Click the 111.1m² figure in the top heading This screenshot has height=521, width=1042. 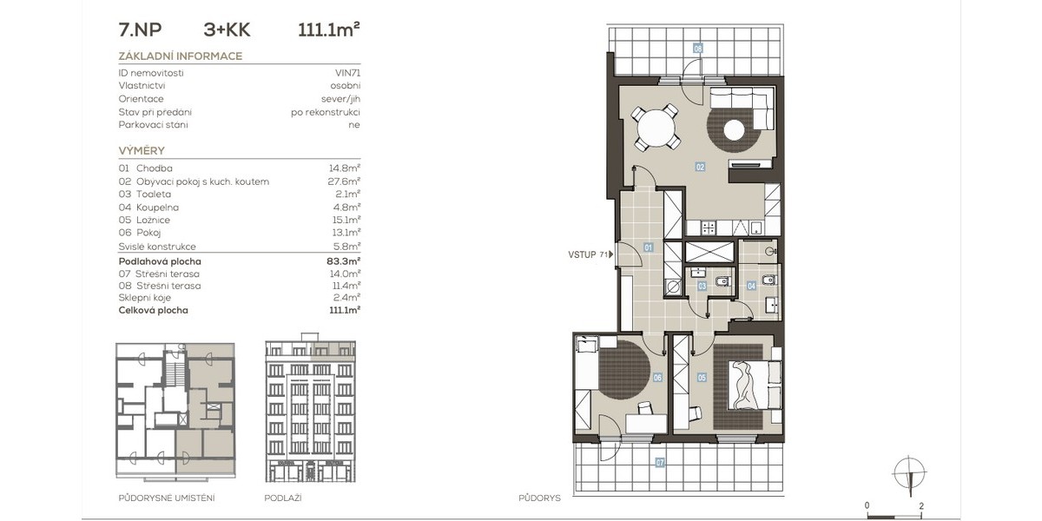[328, 30]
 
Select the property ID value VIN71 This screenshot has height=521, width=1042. [347, 73]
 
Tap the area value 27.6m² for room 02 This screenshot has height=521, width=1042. [344, 181]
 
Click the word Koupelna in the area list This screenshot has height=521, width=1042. [157, 207]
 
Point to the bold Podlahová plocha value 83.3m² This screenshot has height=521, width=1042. [343, 261]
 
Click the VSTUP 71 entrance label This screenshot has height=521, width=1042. [590, 254]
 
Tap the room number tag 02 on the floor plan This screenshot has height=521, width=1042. [700, 167]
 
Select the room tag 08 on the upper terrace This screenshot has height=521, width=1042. [698, 49]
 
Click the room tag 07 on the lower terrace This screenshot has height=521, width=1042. [660, 462]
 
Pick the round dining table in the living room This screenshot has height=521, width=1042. [656, 128]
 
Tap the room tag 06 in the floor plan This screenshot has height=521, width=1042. [657, 378]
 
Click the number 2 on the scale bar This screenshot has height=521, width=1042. [921, 505]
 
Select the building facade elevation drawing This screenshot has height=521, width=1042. [310, 407]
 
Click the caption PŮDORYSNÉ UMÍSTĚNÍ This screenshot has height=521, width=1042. [167, 498]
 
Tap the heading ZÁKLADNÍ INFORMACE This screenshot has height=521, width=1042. [181, 56]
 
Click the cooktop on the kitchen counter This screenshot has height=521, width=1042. [709, 228]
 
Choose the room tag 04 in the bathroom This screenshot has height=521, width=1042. [751, 286]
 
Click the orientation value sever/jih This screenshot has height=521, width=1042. [340, 99]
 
